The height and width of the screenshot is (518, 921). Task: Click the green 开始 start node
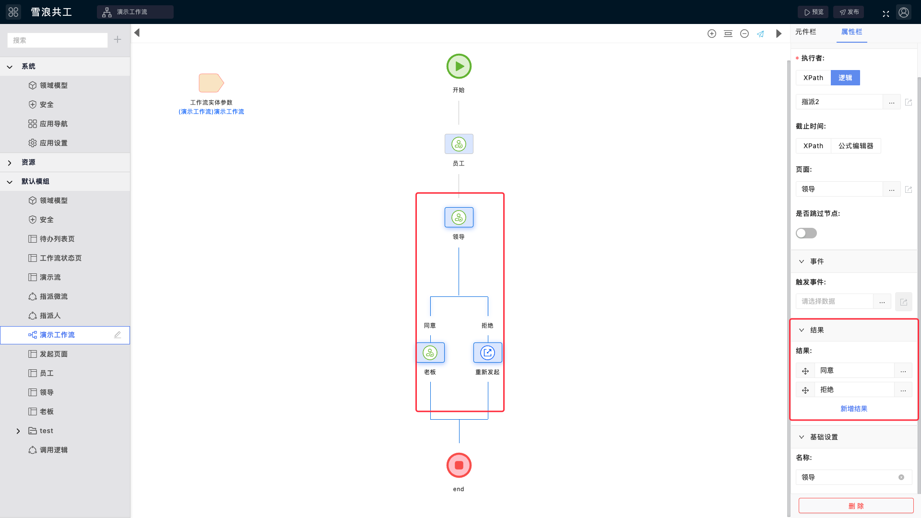tap(459, 66)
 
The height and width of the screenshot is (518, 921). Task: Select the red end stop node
tap(459, 465)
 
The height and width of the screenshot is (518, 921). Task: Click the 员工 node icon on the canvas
tap(459, 144)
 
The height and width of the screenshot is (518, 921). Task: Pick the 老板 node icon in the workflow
tap(430, 353)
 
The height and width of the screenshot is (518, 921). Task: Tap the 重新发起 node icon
tap(488, 353)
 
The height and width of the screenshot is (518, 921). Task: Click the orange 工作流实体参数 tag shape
tap(211, 83)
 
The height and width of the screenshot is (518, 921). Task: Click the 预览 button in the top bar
tap(813, 12)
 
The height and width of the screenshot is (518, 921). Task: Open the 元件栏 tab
tap(806, 32)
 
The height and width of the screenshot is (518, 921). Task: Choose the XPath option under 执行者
tap(814, 78)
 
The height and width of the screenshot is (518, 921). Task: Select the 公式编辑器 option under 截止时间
tap(856, 146)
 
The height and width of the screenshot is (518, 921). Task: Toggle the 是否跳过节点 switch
tap(806, 233)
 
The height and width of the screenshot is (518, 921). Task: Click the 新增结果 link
tap(854, 409)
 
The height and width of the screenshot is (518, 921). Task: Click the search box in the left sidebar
tap(58, 40)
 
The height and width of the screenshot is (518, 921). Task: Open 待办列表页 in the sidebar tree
tap(57, 239)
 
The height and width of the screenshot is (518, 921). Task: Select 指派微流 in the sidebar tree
tap(54, 296)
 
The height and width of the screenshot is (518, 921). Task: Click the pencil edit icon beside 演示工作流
tap(118, 335)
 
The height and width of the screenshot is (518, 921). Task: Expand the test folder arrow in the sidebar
tap(18, 431)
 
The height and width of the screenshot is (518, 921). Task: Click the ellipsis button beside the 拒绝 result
tap(903, 390)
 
